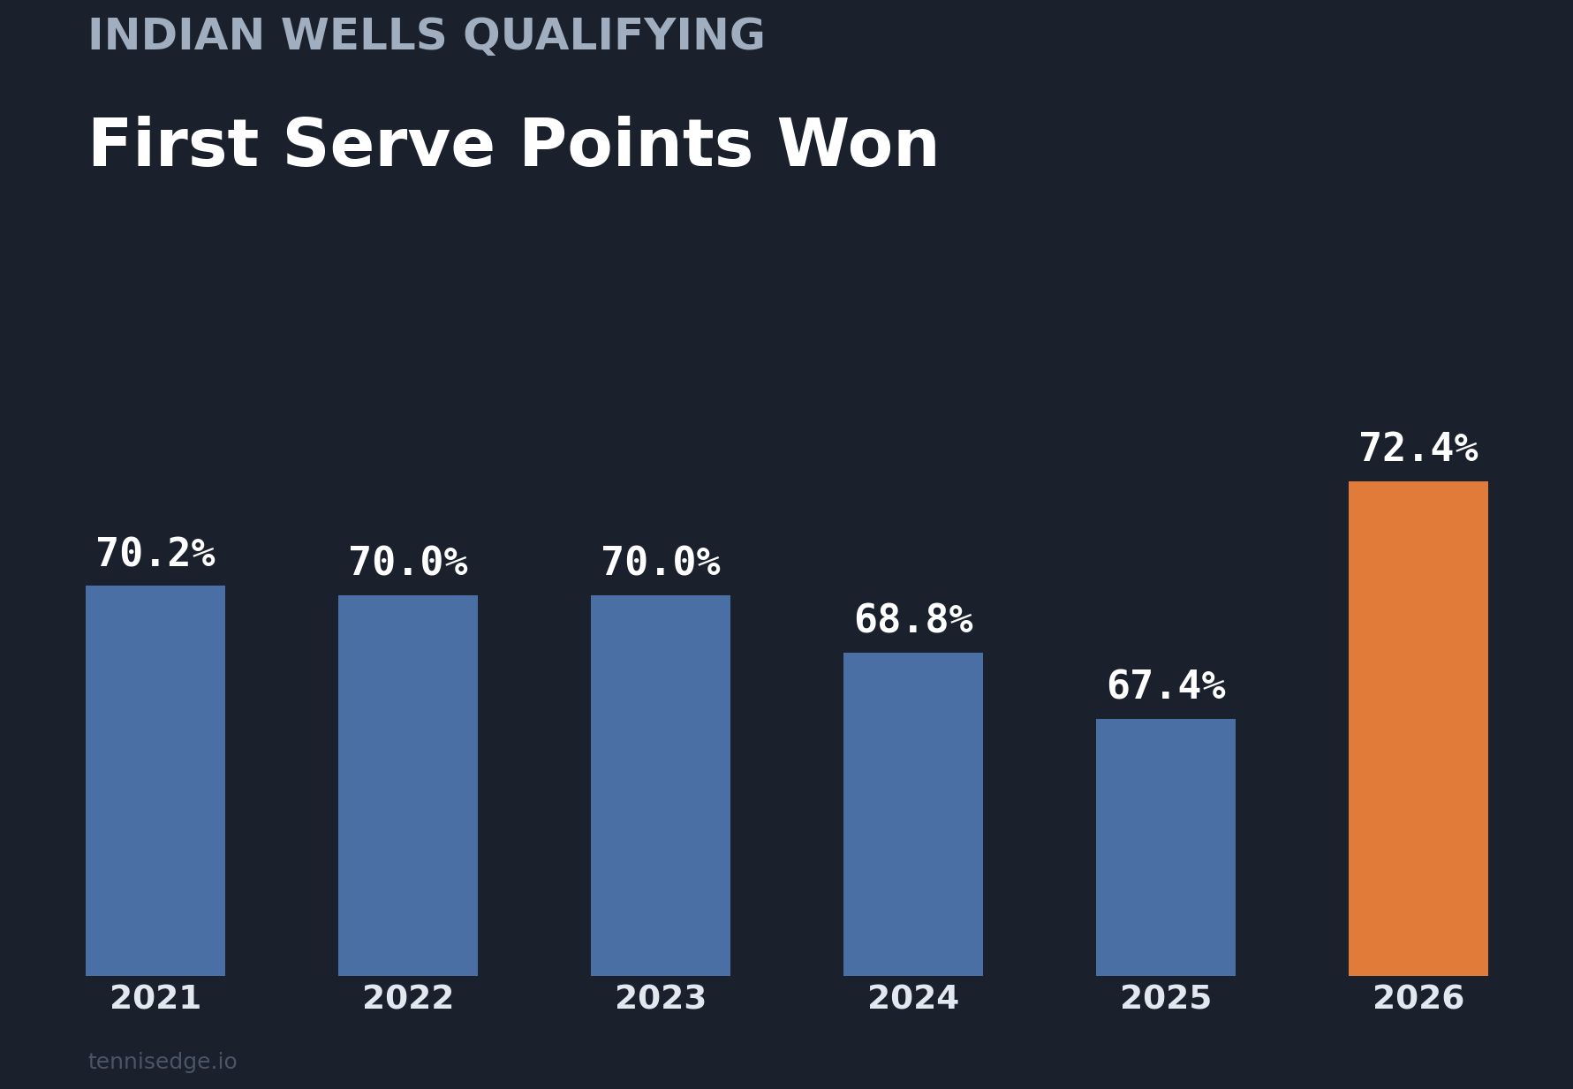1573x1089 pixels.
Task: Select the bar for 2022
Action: point(408,785)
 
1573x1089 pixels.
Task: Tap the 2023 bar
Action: point(661,785)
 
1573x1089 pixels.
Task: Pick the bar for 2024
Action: point(913,813)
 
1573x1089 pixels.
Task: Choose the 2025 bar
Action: point(1166,847)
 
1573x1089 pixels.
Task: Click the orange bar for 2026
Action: point(1418,728)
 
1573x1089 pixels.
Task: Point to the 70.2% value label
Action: point(155,554)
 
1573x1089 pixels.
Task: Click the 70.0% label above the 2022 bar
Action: point(408,563)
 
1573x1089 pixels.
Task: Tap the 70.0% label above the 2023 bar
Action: point(661,563)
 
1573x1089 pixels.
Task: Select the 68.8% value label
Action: point(913,620)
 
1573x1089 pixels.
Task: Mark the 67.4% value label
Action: point(1166,686)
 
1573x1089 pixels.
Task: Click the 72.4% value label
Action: point(1418,449)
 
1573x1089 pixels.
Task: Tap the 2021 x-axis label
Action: point(155,999)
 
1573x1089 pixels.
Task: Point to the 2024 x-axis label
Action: point(913,999)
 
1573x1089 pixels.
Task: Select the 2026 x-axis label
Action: point(1418,999)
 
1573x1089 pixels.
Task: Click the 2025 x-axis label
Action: point(1166,999)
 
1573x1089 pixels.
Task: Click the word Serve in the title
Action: point(388,146)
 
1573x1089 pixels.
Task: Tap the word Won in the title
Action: point(858,146)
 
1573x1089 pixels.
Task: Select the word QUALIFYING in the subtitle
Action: point(614,37)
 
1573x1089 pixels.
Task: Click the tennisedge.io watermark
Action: point(163,1062)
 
